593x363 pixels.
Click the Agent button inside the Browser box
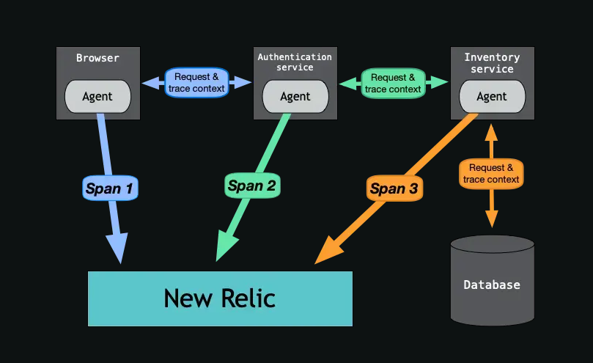98,95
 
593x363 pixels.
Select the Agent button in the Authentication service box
295,95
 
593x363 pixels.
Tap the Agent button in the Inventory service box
491,95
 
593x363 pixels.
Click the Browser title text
97,57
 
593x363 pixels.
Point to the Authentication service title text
295,62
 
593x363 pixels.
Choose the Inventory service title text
492,62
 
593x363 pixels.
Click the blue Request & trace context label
197,82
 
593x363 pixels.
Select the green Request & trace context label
393,83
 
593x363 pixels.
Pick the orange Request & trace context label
491,174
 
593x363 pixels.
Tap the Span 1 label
109,188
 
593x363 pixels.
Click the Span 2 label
251,186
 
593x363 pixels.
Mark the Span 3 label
394,188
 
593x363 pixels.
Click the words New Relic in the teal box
220,298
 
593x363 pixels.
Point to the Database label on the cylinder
492,285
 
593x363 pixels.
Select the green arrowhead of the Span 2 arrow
225,248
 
